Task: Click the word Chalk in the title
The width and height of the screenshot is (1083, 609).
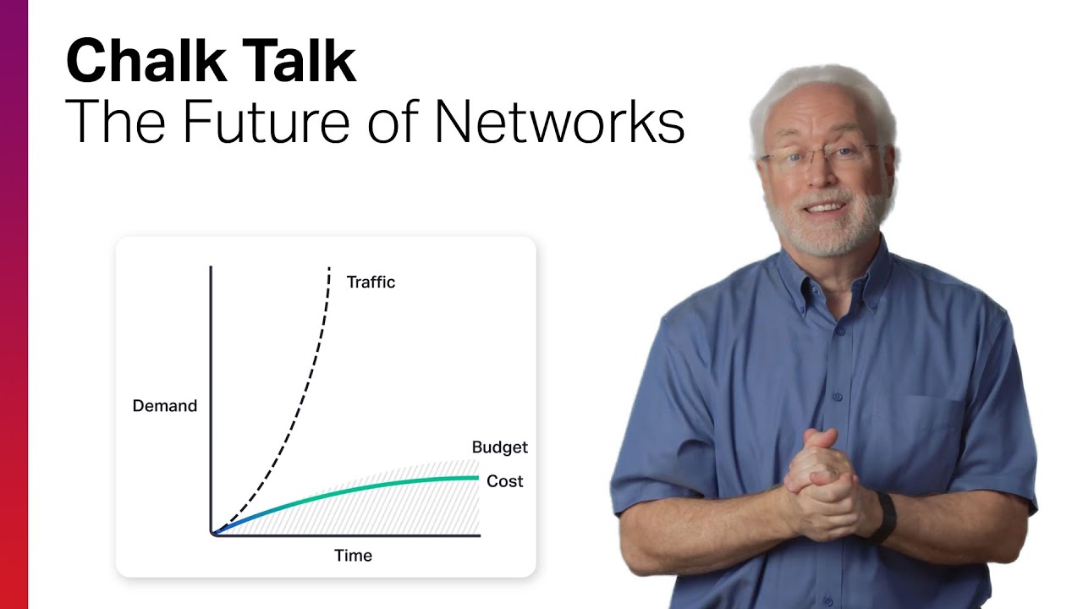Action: tap(135, 61)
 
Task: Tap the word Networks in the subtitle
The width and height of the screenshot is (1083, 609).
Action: tap(558, 122)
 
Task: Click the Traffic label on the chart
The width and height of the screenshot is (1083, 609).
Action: tap(371, 283)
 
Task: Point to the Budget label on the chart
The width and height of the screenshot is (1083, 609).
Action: tap(499, 447)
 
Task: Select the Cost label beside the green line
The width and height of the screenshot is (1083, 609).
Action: tap(504, 481)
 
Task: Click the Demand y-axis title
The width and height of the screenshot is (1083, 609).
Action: tap(164, 406)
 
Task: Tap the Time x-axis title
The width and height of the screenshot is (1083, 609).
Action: tap(353, 556)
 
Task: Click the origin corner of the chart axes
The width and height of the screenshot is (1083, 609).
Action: tap(212, 535)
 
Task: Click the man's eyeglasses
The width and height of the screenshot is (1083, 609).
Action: tap(816, 158)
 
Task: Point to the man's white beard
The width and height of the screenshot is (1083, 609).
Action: tap(825, 233)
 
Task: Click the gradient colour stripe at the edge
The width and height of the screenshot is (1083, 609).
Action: tap(14, 304)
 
